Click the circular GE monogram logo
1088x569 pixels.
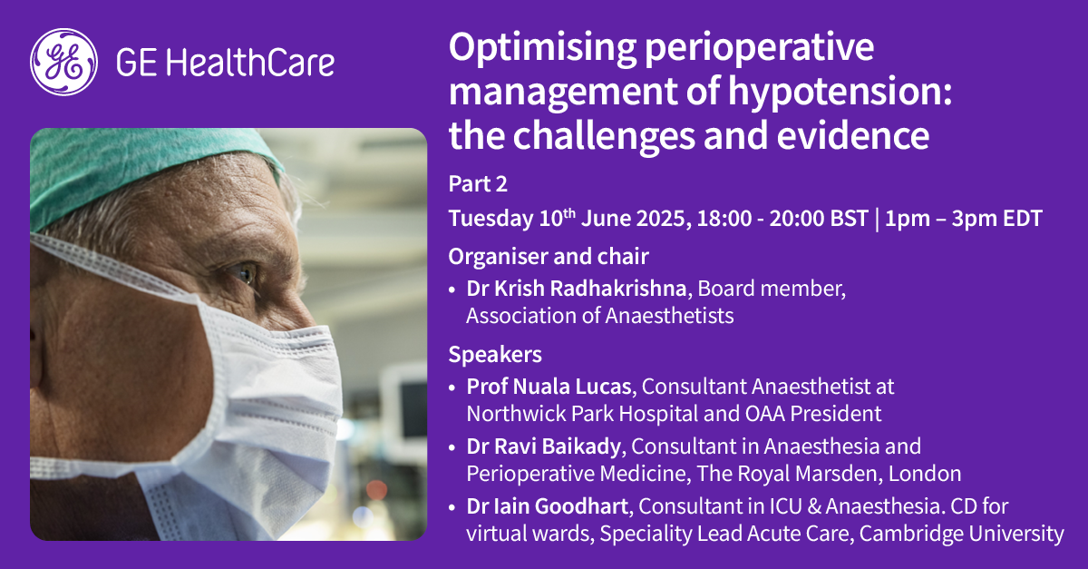pyautogui.click(x=63, y=62)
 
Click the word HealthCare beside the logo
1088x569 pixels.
pyautogui.click(x=250, y=62)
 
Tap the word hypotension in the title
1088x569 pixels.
pyautogui.click(x=840, y=93)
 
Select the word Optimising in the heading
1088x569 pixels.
pyautogui.click(x=542, y=49)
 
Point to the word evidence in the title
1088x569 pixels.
pyautogui.click(x=853, y=135)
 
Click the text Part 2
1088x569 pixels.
pyautogui.click(x=478, y=184)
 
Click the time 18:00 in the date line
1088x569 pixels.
pyautogui.click(x=724, y=218)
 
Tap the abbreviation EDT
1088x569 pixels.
pyautogui.click(x=1023, y=218)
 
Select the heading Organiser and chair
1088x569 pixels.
pyautogui.click(x=549, y=256)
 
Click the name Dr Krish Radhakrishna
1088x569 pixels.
pyautogui.click(x=576, y=289)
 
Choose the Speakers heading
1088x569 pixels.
pyautogui.click(x=495, y=354)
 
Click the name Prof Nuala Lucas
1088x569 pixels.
pyautogui.click(x=549, y=387)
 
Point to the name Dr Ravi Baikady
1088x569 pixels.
pyautogui.click(x=543, y=446)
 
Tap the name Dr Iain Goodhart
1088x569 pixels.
pyautogui.click(x=548, y=506)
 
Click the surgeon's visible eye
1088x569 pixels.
pyautogui.click(x=244, y=273)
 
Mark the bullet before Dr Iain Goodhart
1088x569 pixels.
pyautogui.click(x=452, y=507)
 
